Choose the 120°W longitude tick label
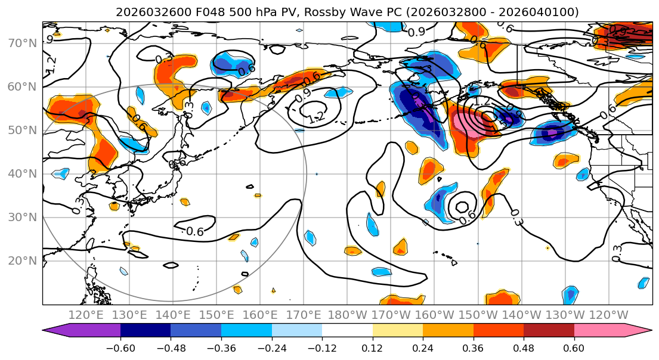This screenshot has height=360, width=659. (x=608, y=315)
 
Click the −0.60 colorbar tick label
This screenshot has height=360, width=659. (x=120, y=347)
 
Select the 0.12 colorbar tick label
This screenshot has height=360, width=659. (x=372, y=347)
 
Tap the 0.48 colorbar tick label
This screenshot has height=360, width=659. (x=524, y=347)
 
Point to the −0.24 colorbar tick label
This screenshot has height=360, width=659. (x=271, y=347)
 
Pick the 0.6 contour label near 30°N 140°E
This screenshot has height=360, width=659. (x=195, y=231)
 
